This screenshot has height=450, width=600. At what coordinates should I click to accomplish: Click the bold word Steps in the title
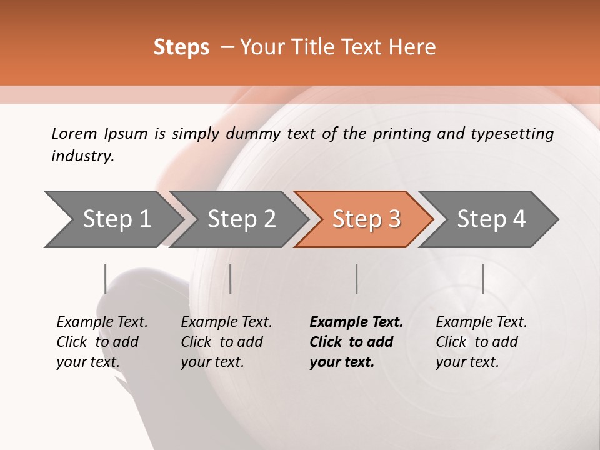point(181,47)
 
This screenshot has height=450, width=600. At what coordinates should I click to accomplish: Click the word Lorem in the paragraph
point(74,133)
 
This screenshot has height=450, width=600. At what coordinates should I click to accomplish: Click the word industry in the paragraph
point(82,156)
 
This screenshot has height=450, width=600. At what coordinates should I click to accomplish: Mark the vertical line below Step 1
point(106,279)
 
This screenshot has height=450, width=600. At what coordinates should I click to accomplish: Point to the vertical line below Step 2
point(231,279)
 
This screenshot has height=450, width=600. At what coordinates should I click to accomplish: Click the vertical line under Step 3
point(356,279)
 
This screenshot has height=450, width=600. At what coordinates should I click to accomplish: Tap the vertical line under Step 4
point(482,279)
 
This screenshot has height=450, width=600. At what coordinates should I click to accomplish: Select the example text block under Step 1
point(102,342)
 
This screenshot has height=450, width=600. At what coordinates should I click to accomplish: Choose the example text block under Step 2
point(226,342)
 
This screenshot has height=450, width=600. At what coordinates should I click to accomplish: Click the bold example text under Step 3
point(356,342)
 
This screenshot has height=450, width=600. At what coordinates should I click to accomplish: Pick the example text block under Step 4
point(481,342)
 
